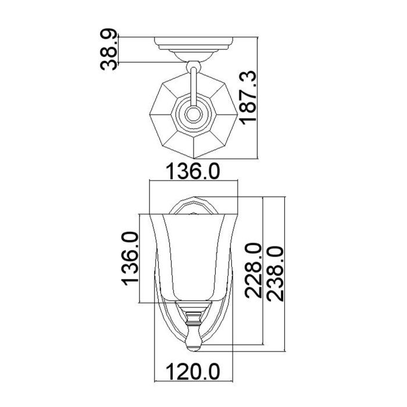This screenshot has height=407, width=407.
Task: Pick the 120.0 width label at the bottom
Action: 192,370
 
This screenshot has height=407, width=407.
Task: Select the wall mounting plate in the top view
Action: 193,44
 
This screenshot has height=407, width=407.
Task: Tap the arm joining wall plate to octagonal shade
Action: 193,81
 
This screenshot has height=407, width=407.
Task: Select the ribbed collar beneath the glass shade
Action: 193,317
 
